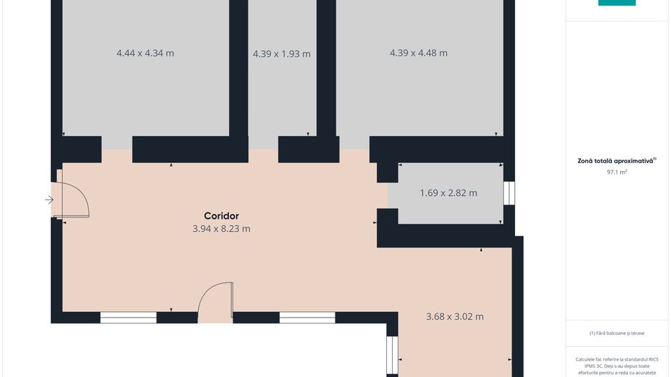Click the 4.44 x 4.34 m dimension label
(x=145, y=53)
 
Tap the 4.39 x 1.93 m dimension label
(x=282, y=54)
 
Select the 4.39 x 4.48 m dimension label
(x=418, y=53)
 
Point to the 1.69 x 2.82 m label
(x=448, y=193)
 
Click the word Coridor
(x=221, y=216)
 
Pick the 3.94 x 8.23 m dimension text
(x=221, y=229)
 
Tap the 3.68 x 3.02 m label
(x=454, y=317)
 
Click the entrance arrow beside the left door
(x=49, y=200)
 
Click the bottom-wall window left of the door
(x=128, y=318)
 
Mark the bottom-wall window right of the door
(x=308, y=318)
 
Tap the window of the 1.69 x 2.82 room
(x=509, y=193)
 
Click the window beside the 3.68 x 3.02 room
(x=392, y=355)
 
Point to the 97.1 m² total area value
(x=617, y=172)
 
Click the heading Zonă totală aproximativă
(x=615, y=162)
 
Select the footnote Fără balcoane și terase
(x=617, y=333)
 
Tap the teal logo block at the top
(x=617, y=3)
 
